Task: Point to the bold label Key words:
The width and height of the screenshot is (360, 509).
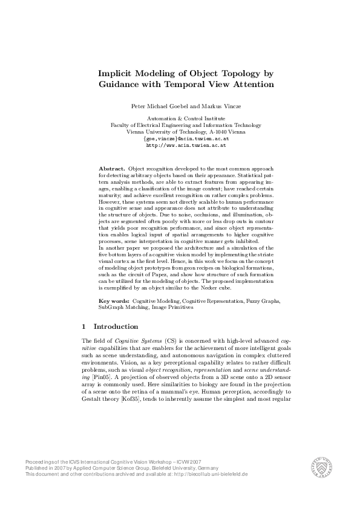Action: (x=114, y=300)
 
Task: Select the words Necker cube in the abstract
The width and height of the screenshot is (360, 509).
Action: (x=214, y=289)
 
